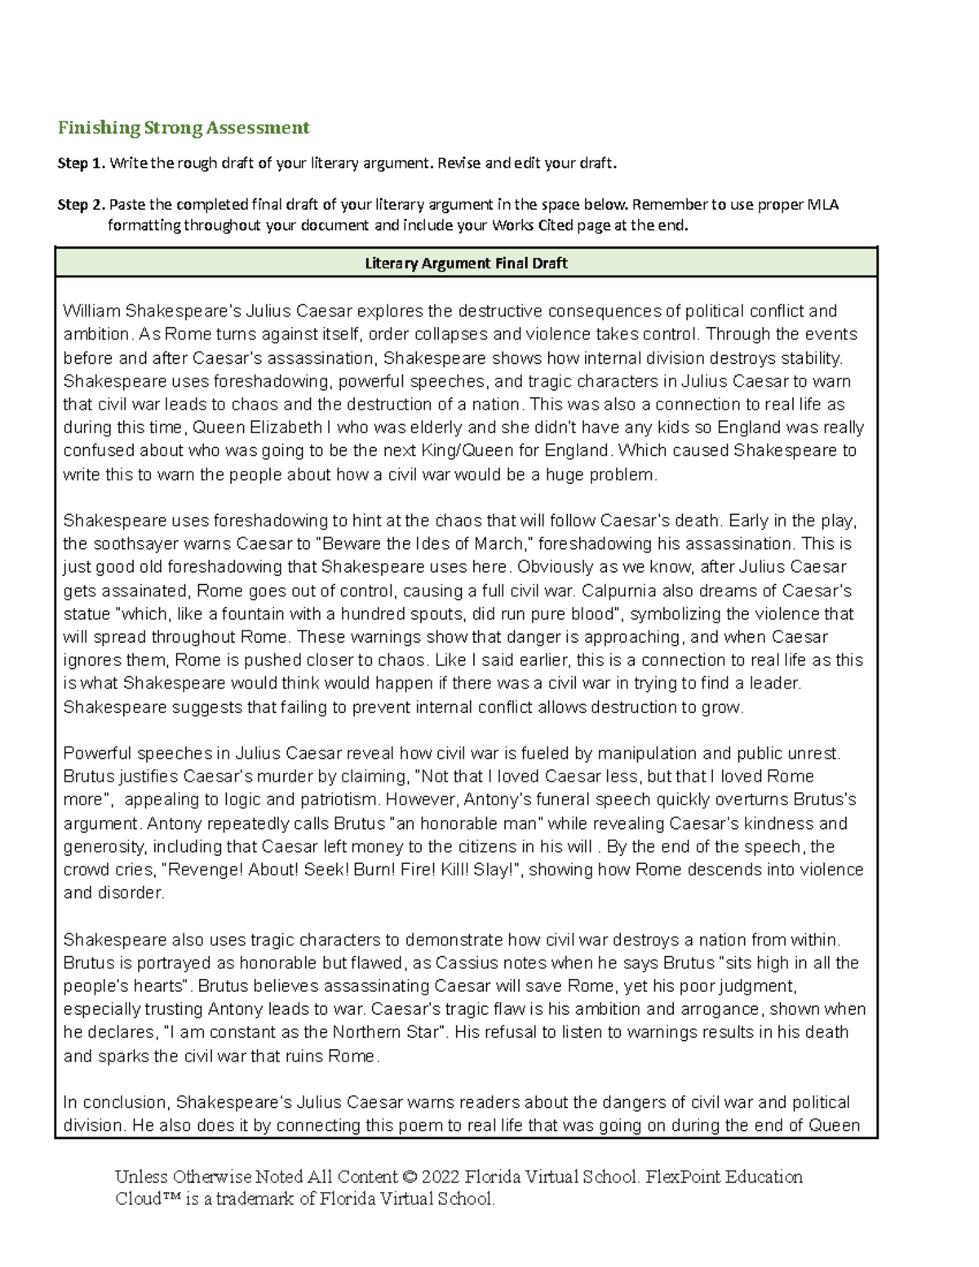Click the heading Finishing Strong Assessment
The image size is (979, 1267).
[184, 128]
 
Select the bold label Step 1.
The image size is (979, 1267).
[81, 163]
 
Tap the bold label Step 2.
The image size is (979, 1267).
[81, 205]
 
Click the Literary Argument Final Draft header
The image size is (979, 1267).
[466, 264]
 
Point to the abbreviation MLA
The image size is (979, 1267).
[823, 205]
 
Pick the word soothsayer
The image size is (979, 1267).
[135, 544]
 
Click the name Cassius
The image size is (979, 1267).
[465, 964]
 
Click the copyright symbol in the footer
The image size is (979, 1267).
[410, 1177]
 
